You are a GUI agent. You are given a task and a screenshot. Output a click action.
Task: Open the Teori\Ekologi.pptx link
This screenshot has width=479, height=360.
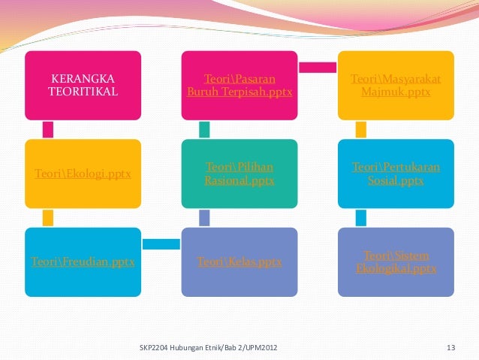tap(83, 174)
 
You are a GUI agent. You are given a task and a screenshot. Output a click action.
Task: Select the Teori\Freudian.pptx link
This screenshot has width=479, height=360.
tap(83, 262)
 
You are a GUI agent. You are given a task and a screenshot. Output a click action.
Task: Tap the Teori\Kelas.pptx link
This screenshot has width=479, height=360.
tap(239, 262)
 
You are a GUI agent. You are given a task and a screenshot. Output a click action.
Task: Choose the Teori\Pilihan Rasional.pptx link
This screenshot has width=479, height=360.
tap(239, 174)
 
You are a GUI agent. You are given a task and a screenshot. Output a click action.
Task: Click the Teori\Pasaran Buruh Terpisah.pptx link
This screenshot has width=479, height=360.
tap(239, 85)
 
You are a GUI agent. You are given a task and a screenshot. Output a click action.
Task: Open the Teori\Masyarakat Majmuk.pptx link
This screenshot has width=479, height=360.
tap(396, 85)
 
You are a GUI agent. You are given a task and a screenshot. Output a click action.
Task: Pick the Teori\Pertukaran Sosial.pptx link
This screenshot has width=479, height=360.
tap(396, 174)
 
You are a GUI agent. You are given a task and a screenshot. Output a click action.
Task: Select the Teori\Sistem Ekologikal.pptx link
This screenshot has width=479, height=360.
tap(396, 262)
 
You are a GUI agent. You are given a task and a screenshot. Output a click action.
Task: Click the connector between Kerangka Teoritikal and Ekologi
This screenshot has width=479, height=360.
tap(48, 129)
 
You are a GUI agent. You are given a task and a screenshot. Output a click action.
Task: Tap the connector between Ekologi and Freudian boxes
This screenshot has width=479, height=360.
tap(48, 218)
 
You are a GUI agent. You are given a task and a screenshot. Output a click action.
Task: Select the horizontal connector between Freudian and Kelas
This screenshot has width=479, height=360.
tap(161, 244)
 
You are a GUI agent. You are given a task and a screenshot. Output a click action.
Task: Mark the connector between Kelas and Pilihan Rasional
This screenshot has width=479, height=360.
tap(203, 218)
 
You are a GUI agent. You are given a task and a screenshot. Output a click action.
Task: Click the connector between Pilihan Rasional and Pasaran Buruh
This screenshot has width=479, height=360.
tap(203, 129)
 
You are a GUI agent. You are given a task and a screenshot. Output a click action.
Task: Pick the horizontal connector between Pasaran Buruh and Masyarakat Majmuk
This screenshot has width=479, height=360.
tap(318, 68)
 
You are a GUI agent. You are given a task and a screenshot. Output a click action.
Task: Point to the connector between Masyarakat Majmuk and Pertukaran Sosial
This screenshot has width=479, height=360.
tap(360, 129)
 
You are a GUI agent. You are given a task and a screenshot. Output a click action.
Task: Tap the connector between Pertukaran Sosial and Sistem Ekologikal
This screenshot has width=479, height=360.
tap(360, 218)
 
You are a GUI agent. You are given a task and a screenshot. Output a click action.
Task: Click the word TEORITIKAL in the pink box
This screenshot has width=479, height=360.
tap(83, 92)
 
